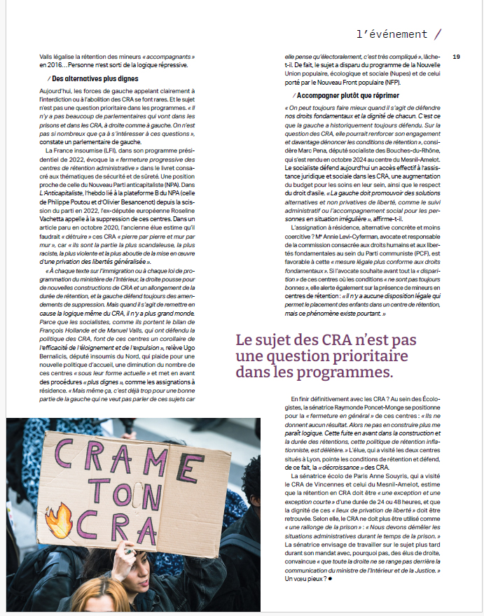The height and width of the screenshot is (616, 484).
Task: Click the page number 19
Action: tap(456, 57)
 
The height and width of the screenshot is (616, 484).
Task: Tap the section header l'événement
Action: tap(392, 34)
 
